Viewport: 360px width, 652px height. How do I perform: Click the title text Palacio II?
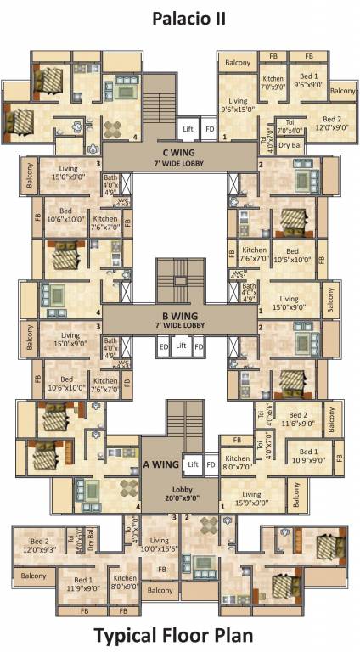point(179,18)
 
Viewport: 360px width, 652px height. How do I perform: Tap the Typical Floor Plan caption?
point(179,635)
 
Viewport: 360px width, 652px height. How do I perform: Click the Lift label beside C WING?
point(189,129)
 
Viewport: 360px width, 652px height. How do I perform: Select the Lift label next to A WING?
point(194,464)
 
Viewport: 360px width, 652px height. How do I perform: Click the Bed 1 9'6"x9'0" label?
point(309,80)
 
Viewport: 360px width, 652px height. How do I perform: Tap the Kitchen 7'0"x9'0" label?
point(273,82)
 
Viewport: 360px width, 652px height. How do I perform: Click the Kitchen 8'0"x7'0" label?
point(238,463)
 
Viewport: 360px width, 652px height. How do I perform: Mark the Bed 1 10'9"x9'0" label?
point(307,456)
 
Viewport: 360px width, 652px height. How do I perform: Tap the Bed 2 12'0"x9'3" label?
point(40,545)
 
